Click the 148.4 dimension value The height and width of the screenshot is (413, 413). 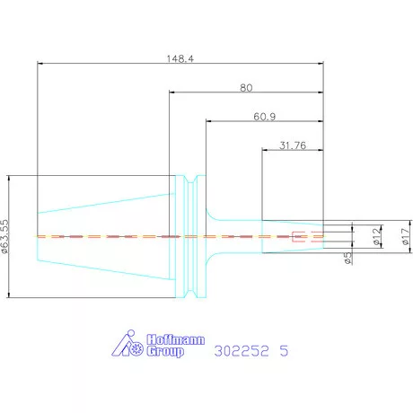point(180,58)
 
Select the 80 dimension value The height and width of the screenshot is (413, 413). point(246,88)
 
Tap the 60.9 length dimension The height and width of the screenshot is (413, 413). point(265,117)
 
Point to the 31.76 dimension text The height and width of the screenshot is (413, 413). point(293,145)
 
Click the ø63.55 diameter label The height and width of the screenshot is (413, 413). point(5,237)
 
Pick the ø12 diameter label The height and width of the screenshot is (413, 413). point(378,236)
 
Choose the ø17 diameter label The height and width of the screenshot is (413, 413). point(406,236)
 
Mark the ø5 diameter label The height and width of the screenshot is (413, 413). point(347,258)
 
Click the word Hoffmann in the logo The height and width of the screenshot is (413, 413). point(176,339)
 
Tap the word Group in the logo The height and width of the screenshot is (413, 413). point(165,351)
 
